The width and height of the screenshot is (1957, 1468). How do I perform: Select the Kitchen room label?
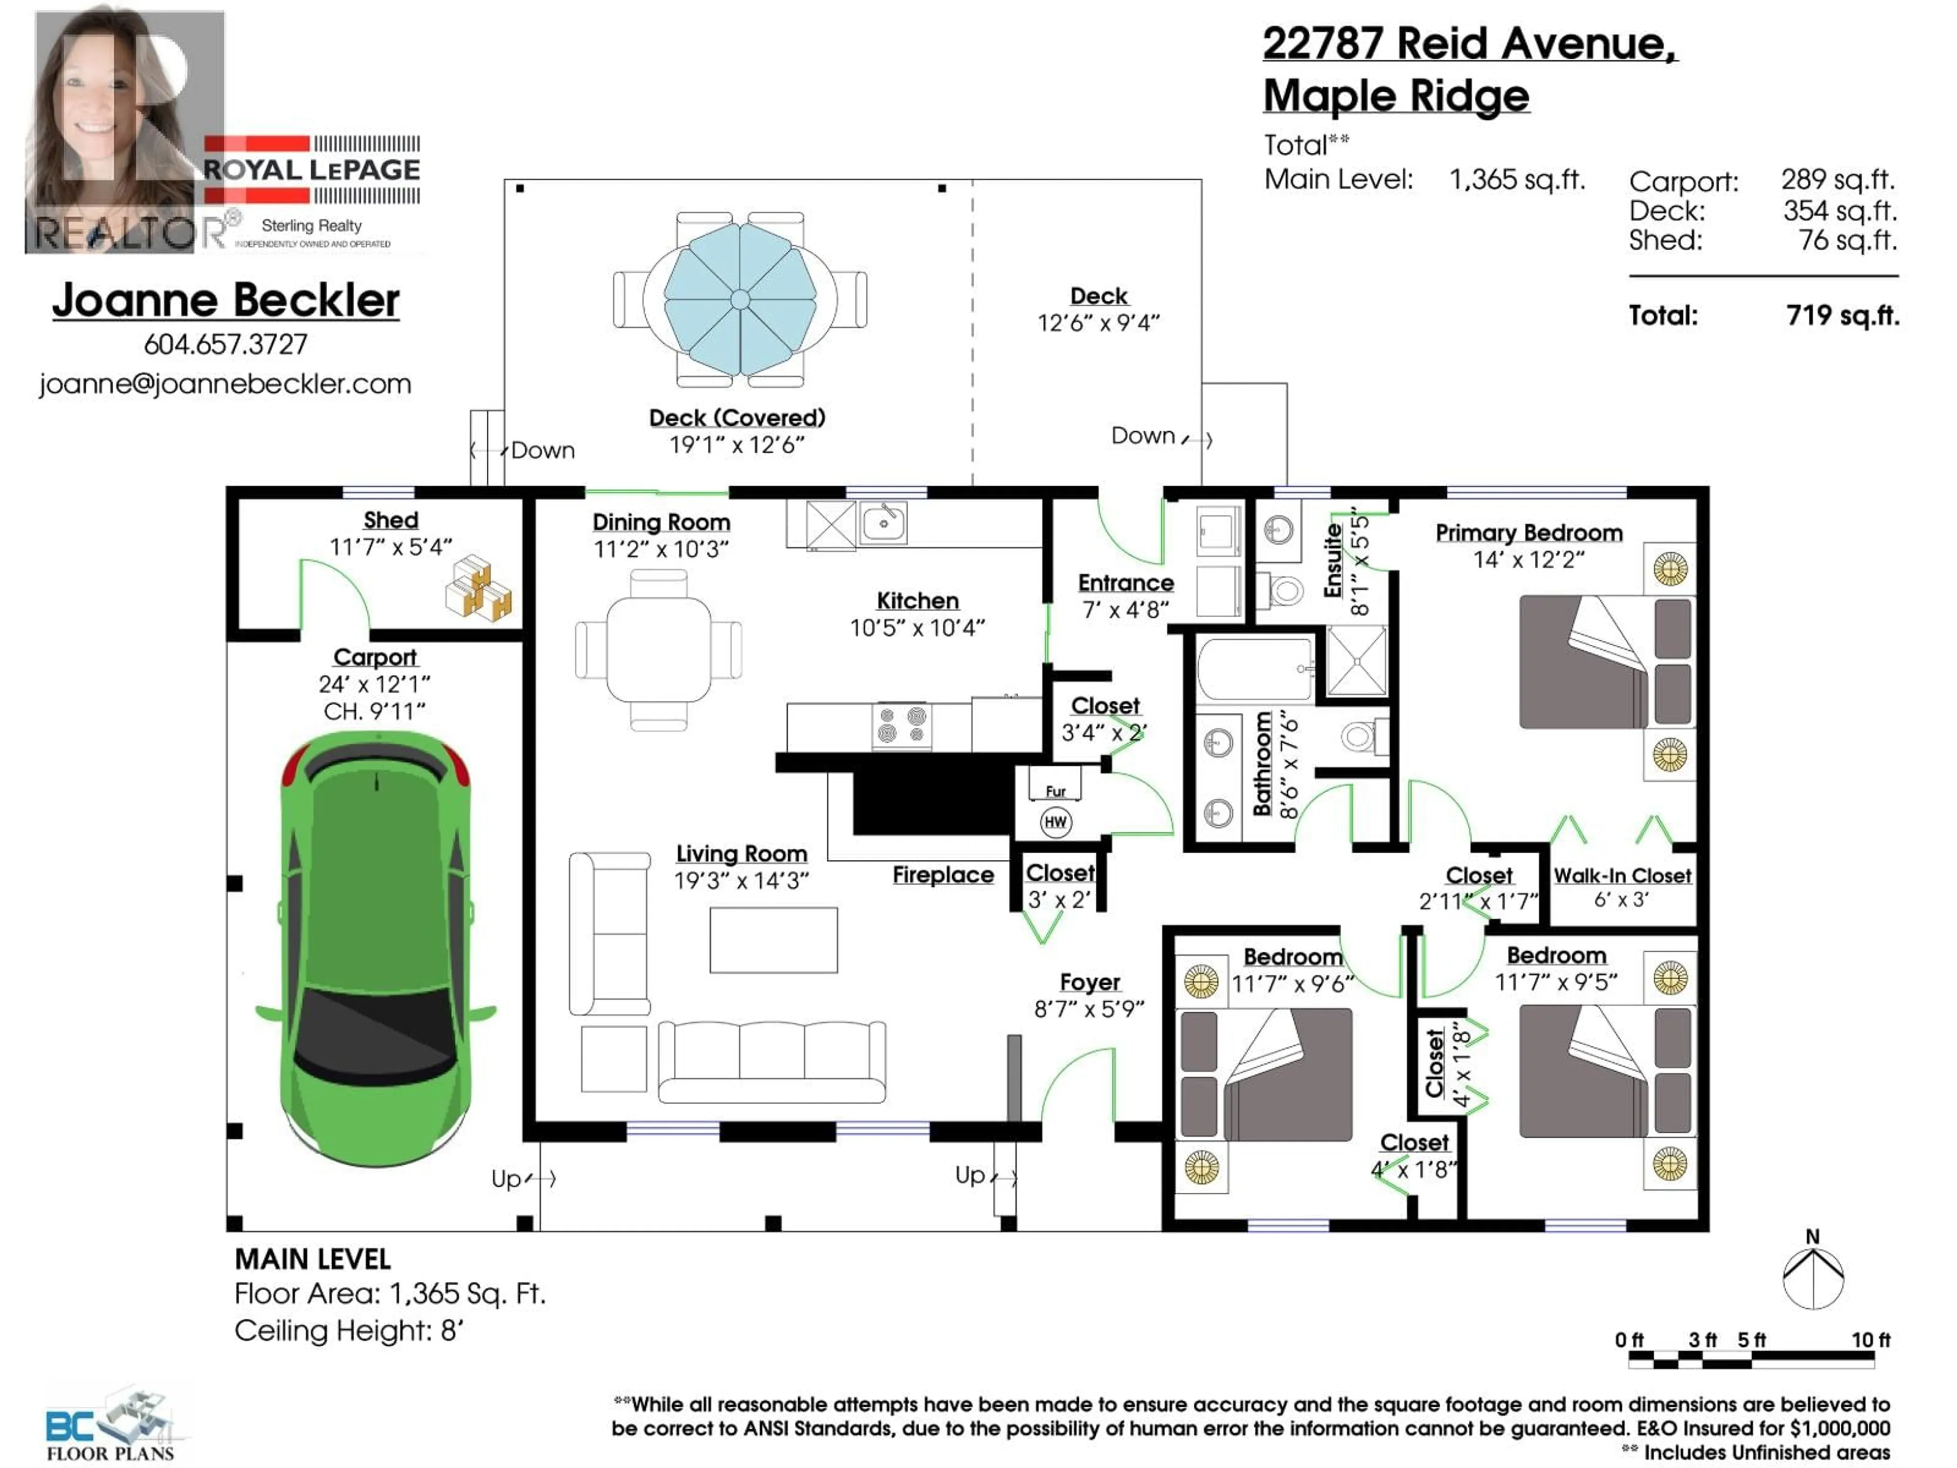917,601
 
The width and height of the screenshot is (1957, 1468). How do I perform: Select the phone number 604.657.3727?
226,344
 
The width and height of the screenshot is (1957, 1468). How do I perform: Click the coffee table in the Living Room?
773,940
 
